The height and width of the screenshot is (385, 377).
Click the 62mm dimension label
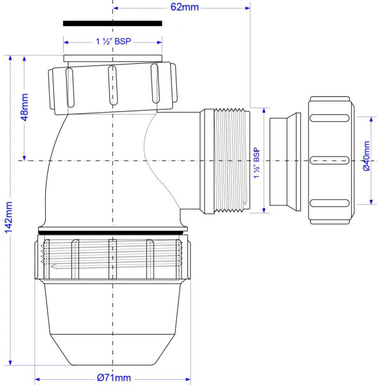(184, 7)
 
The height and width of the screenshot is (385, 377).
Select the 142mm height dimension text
(8, 217)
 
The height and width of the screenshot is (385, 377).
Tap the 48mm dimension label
(24, 107)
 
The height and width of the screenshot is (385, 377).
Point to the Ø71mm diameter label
(114, 377)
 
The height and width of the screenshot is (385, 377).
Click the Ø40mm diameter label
(366, 156)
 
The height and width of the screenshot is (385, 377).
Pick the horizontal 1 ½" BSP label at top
(113, 41)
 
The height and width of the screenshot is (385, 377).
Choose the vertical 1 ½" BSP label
(256, 163)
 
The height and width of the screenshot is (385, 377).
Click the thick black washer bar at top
(113, 23)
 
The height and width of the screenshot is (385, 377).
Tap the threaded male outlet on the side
(232, 161)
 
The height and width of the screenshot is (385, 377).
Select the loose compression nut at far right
(331, 160)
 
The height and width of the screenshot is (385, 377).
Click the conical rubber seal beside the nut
(285, 162)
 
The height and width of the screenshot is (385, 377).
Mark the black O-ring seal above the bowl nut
(112, 233)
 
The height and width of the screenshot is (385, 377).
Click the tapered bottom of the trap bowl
(113, 350)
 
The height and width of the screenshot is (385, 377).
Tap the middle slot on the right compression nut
(329, 161)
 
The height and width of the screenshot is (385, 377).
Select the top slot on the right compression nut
(329, 118)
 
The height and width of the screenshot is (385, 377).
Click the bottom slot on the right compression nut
(329, 203)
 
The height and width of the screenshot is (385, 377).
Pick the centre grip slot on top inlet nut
(113, 85)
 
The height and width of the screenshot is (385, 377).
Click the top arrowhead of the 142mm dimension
(10, 58)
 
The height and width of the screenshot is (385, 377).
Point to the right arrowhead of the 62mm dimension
(247, 8)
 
